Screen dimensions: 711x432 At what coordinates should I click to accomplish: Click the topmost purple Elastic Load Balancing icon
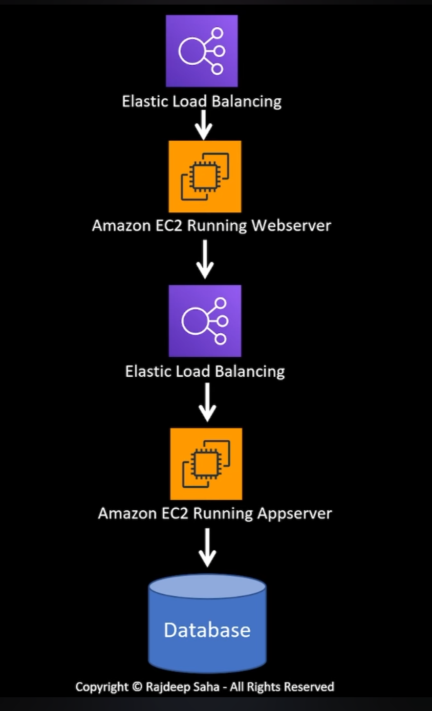202,51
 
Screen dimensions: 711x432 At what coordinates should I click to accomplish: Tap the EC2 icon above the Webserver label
205,176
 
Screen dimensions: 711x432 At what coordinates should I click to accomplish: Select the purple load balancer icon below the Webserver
205,320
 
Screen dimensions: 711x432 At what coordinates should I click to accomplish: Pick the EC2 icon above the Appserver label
206,464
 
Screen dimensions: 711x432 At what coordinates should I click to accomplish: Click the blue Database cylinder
207,622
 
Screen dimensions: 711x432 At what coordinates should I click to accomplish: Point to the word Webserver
290,225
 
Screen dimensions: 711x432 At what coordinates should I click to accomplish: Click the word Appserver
294,513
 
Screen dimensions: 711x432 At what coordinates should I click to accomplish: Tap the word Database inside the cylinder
207,630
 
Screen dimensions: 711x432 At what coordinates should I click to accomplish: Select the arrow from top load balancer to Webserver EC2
204,124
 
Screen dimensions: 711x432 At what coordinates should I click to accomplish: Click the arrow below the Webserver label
205,260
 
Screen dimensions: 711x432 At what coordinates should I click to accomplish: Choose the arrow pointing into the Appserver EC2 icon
207,402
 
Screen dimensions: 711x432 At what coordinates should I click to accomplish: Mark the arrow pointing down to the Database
207,548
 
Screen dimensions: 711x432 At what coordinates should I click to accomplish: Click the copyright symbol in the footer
137,687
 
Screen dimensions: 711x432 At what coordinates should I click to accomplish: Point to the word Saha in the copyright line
205,687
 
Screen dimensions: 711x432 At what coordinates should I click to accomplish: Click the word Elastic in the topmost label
139,101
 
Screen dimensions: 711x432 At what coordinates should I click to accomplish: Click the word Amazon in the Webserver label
120,225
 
